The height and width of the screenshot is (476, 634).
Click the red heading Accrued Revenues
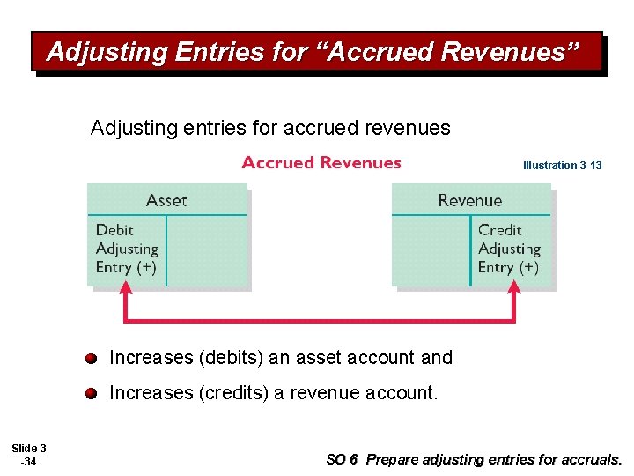(x=321, y=163)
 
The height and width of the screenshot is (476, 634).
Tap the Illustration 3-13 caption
(x=562, y=166)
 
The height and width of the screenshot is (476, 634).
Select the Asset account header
(x=166, y=200)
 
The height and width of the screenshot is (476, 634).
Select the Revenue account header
(x=469, y=200)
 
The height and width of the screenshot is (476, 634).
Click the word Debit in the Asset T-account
(x=114, y=231)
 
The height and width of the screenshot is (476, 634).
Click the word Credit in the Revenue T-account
(x=499, y=231)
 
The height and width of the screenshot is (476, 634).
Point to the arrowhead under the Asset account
(x=126, y=289)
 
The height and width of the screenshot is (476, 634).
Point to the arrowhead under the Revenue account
(x=514, y=289)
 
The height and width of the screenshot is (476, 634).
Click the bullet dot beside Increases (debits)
(x=92, y=359)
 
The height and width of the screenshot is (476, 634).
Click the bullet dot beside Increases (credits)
(x=92, y=394)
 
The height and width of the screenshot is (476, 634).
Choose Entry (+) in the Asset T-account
(x=126, y=267)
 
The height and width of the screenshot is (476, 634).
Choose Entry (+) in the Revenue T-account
(x=508, y=267)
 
